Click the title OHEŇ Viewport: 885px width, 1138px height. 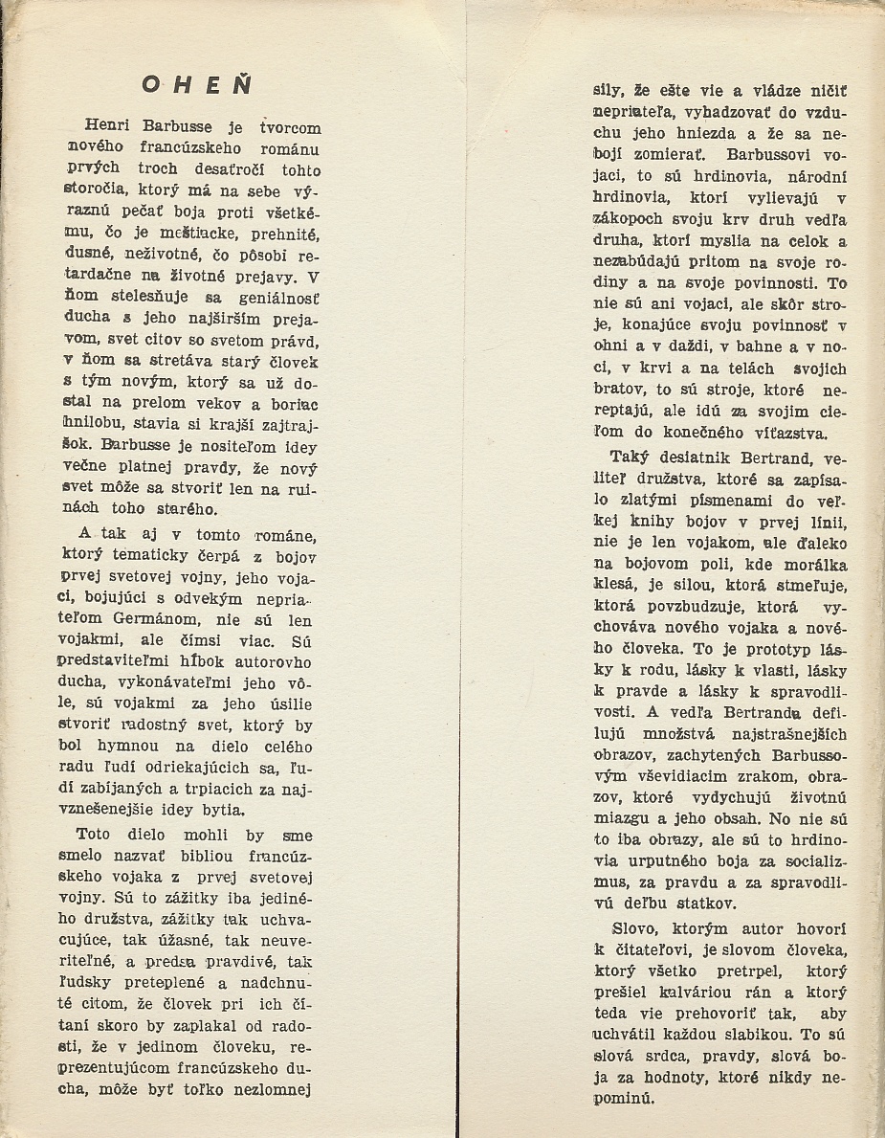coord(196,84)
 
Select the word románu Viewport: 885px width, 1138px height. coord(288,148)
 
